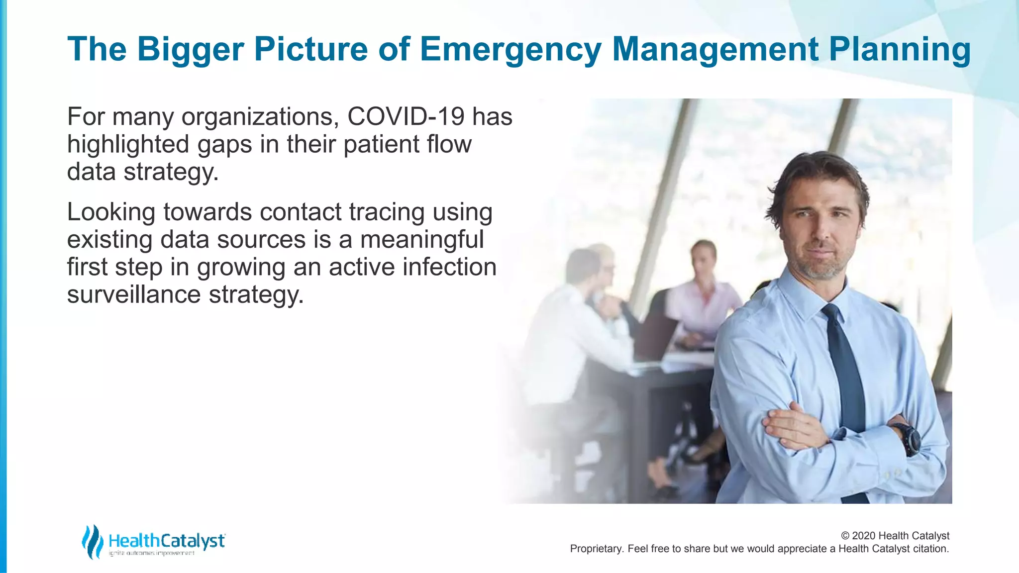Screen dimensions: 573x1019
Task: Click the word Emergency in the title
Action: tap(510, 50)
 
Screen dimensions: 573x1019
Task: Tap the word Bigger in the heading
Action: tap(190, 50)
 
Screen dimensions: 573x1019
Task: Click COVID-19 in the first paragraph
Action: tap(405, 117)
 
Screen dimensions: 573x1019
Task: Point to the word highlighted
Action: tap(128, 145)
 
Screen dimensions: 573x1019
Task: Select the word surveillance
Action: tap(133, 294)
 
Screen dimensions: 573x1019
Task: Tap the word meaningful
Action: tap(421, 240)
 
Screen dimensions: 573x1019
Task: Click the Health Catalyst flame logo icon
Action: tap(92, 542)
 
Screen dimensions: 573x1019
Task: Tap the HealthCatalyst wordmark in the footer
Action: tap(167, 540)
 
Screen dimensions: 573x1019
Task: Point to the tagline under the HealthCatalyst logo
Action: tap(152, 553)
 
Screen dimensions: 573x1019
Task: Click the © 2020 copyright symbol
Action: tap(845, 536)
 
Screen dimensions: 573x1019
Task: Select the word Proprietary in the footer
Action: tap(596, 549)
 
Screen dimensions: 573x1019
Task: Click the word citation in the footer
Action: tap(930, 549)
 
